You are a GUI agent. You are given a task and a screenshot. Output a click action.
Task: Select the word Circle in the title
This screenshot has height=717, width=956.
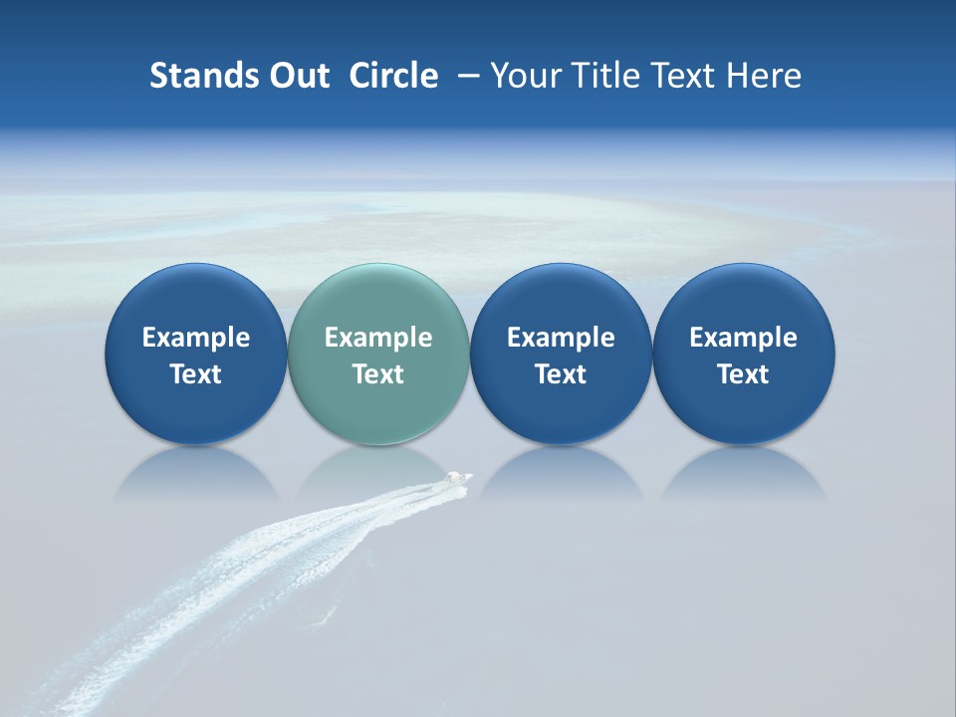click(x=393, y=76)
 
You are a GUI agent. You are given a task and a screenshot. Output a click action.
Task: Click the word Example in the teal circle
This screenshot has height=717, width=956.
click(x=378, y=338)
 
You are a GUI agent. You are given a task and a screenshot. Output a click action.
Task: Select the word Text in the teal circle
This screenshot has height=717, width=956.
click(x=378, y=374)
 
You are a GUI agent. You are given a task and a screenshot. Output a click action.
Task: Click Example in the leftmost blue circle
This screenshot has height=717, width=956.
click(x=196, y=338)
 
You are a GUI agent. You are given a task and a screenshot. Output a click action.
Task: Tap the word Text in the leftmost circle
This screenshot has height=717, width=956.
click(x=196, y=374)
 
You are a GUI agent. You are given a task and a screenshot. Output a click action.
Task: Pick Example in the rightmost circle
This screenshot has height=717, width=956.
click(x=744, y=338)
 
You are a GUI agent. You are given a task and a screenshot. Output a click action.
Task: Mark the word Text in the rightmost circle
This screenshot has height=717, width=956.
click(x=744, y=374)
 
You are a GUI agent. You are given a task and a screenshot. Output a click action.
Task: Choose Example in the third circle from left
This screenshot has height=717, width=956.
click(x=561, y=338)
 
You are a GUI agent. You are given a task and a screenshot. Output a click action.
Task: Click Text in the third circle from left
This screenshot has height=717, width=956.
click(x=561, y=374)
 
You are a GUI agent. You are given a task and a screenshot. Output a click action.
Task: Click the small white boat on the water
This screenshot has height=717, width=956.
click(x=457, y=480)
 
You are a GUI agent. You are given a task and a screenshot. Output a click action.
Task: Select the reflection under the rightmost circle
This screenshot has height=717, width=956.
click(x=744, y=473)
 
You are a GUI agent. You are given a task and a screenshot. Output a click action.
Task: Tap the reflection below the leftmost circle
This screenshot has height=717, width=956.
click(x=196, y=473)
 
